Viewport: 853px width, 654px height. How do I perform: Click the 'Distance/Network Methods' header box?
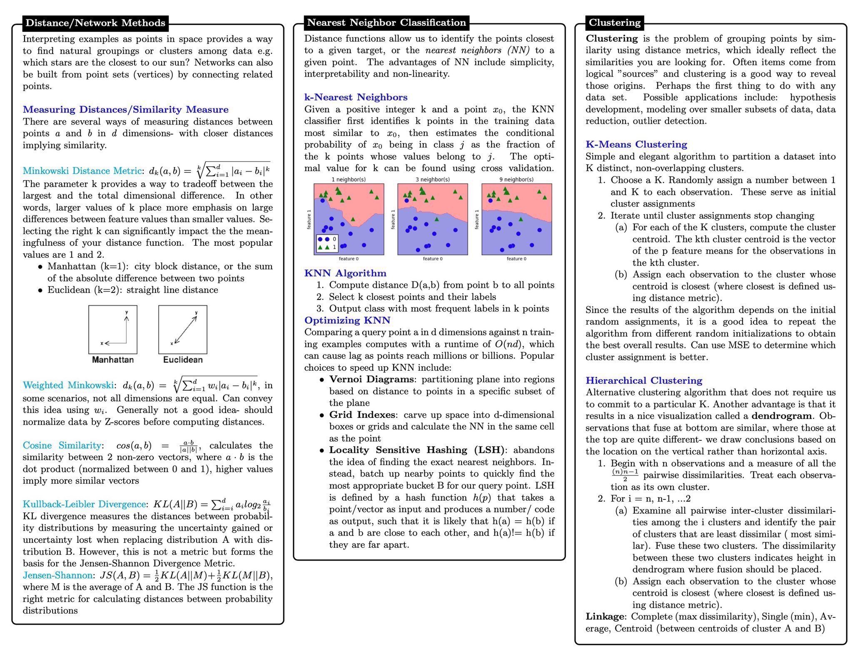click(x=95, y=23)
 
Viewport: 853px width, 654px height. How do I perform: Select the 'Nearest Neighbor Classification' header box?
click(x=386, y=22)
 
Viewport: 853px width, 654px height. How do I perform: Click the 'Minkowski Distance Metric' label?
click(x=82, y=171)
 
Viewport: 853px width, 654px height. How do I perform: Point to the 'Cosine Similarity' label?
click(x=62, y=445)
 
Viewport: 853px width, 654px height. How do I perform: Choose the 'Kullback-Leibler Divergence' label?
click(x=84, y=504)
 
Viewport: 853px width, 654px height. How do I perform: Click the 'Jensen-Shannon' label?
click(x=57, y=575)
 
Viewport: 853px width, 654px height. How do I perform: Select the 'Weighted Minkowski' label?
click(x=68, y=385)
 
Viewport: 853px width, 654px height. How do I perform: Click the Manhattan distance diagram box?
click(x=112, y=329)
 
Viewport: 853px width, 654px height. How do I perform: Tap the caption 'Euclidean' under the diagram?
click(x=183, y=359)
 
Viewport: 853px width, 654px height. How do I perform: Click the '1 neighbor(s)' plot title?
click(x=349, y=180)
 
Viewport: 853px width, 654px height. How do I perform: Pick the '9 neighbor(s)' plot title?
click(x=516, y=180)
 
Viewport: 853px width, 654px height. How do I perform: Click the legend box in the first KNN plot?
click(x=327, y=243)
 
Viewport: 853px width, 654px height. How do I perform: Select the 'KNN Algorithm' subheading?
click(x=345, y=273)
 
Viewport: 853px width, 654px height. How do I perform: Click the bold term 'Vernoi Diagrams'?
click(x=372, y=379)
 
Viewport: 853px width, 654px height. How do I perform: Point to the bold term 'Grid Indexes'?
click(x=362, y=415)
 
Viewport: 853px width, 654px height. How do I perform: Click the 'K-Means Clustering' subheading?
click(x=636, y=145)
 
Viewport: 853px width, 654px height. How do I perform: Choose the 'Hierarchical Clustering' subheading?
click(x=643, y=381)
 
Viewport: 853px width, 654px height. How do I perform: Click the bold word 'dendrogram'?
click(x=781, y=416)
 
